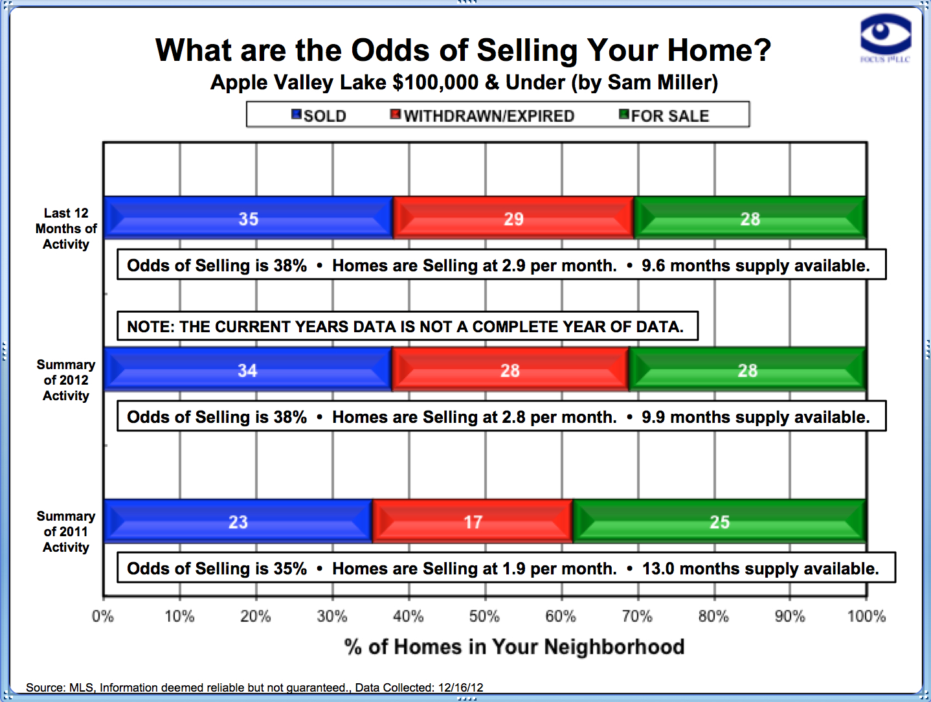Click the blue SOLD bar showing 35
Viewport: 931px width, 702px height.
point(248,218)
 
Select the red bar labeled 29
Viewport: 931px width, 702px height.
point(513,218)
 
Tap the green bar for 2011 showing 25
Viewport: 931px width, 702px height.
point(719,521)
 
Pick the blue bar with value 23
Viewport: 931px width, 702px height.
point(238,521)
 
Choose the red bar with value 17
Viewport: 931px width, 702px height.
point(473,521)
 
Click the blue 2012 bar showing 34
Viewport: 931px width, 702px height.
point(247,370)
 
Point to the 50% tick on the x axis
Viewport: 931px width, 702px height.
point(484,616)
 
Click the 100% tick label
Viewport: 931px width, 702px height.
point(866,616)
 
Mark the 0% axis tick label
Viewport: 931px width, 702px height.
point(103,616)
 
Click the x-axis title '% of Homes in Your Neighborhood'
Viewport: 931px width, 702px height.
point(514,646)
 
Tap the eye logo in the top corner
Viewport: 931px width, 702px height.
point(885,35)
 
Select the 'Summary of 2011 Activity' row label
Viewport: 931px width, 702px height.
point(66,532)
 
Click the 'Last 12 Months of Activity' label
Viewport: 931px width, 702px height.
point(66,229)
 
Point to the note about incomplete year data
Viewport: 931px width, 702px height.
point(406,326)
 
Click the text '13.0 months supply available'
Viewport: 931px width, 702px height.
point(760,569)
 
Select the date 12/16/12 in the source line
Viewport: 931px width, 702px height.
point(460,688)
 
